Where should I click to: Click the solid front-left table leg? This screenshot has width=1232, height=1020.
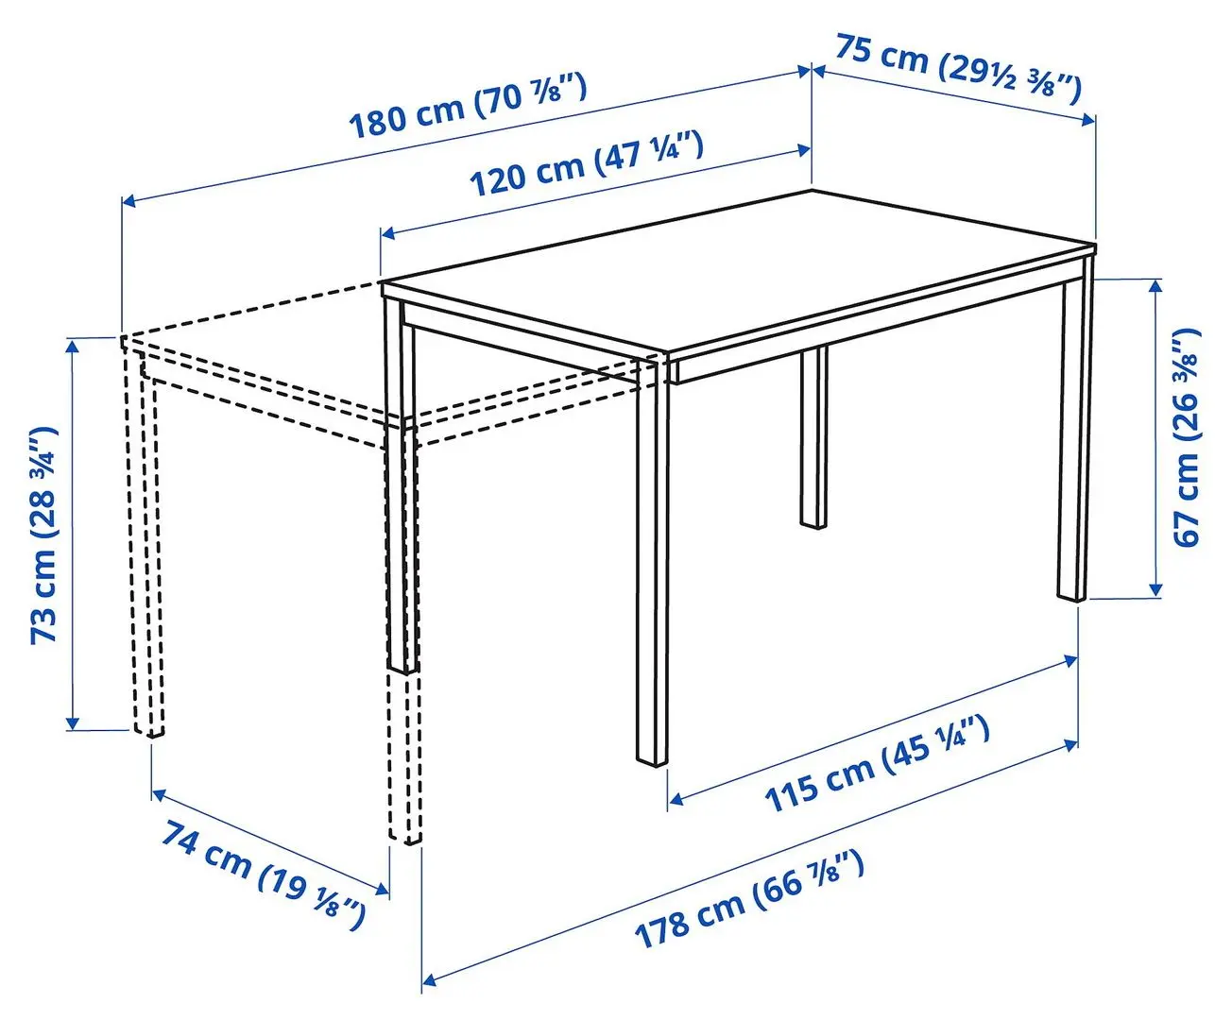point(653,567)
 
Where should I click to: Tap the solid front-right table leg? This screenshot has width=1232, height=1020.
point(1073,444)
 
